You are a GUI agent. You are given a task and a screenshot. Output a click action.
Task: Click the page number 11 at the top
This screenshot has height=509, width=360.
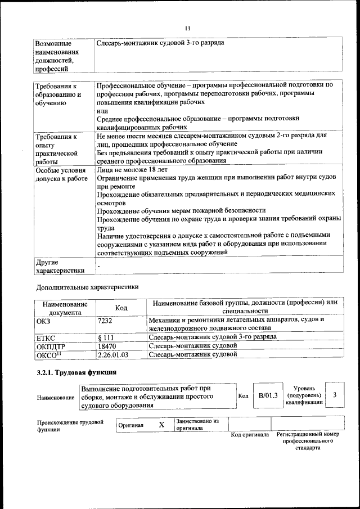pyautogui.click(x=187, y=28)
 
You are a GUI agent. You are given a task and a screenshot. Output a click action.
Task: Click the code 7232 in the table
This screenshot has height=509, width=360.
pyautogui.click(x=105, y=319)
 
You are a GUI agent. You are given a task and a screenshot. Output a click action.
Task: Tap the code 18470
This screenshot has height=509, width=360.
pyautogui.click(x=106, y=346)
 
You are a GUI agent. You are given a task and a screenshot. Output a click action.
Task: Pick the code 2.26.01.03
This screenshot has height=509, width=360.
pyautogui.click(x=112, y=354)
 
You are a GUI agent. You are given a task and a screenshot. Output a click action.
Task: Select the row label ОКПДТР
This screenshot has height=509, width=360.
pyautogui.click(x=51, y=346)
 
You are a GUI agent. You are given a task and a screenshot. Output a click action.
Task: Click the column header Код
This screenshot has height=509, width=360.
pyautogui.click(x=121, y=308)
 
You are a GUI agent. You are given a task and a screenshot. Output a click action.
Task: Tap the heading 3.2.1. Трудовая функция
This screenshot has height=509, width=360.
pyautogui.click(x=76, y=373)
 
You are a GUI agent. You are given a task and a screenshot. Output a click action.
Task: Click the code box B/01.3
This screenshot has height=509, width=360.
pyautogui.click(x=268, y=395)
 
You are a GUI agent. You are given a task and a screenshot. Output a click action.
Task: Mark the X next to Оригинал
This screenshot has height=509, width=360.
pyautogui.click(x=161, y=425)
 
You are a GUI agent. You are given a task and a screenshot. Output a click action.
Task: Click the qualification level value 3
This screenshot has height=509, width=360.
pyautogui.click(x=335, y=395)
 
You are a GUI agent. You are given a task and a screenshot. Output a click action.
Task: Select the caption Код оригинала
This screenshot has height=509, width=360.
pyautogui.click(x=250, y=435)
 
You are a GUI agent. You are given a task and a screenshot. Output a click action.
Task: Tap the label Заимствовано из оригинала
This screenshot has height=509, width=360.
pyautogui.click(x=197, y=424)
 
